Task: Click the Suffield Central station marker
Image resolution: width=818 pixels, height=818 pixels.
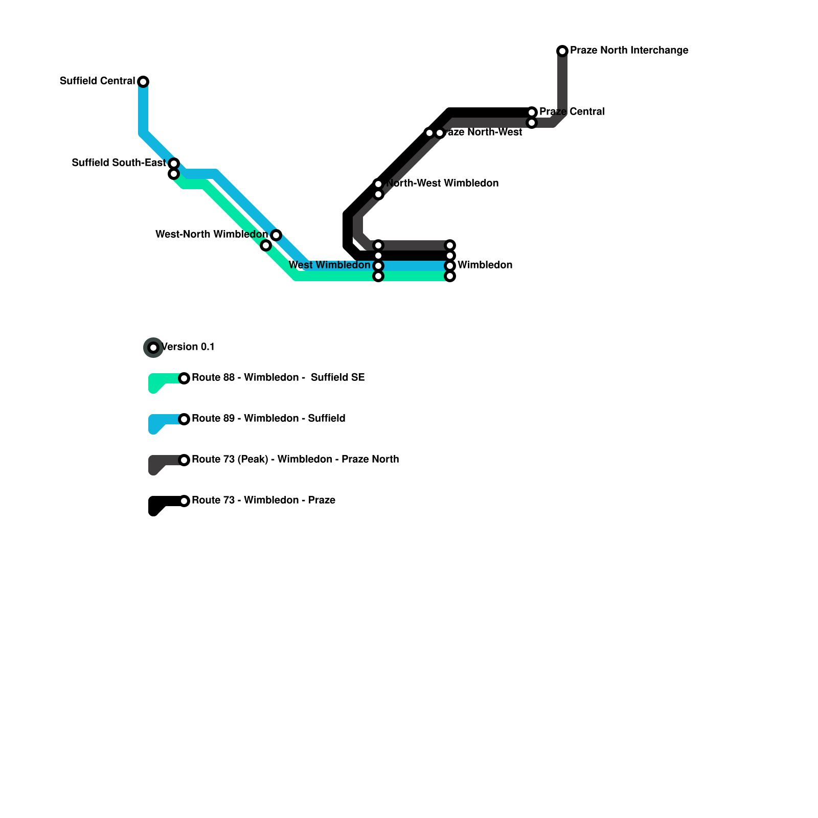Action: click(x=143, y=82)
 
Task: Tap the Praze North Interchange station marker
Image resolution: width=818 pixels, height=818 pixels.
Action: click(x=562, y=51)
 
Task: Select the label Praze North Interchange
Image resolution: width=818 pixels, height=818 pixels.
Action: click(x=629, y=51)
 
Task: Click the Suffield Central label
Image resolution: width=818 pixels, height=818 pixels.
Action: click(x=97, y=81)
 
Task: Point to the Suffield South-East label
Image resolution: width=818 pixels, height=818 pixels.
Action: click(x=119, y=163)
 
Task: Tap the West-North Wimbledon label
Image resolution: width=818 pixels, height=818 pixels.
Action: click(x=211, y=235)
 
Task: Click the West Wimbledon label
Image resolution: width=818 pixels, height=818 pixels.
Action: click(x=329, y=265)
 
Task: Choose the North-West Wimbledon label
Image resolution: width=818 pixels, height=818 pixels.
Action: click(x=443, y=184)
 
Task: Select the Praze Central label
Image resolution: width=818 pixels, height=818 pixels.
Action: click(x=572, y=112)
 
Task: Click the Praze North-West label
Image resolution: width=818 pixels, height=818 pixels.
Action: click(x=483, y=132)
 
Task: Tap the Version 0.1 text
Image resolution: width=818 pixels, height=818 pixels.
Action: click(x=188, y=347)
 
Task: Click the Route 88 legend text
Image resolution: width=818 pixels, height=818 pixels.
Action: click(x=278, y=378)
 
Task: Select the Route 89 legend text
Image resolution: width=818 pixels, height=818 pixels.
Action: click(x=268, y=419)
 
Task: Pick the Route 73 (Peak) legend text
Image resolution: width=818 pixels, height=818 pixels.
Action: click(x=295, y=460)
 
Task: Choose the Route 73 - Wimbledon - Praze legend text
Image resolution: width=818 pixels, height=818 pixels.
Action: click(x=263, y=501)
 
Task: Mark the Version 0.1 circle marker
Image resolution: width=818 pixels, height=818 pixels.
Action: click(x=153, y=348)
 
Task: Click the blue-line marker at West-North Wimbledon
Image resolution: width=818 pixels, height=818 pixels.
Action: click(x=276, y=235)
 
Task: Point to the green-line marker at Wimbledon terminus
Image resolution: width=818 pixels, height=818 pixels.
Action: click(x=450, y=276)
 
